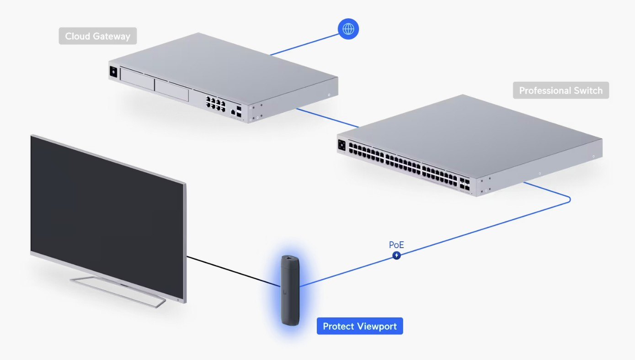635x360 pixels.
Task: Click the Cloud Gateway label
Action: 97,36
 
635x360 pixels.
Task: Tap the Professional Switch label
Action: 560,90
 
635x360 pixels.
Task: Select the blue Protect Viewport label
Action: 360,326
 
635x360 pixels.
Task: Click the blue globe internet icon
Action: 348,29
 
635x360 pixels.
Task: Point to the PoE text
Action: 396,245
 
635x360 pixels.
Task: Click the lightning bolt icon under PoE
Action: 397,255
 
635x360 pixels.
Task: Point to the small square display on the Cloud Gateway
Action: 113,71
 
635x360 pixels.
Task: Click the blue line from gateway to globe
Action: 304,44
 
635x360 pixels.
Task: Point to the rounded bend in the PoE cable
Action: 569,199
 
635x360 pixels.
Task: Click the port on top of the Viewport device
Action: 289,259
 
